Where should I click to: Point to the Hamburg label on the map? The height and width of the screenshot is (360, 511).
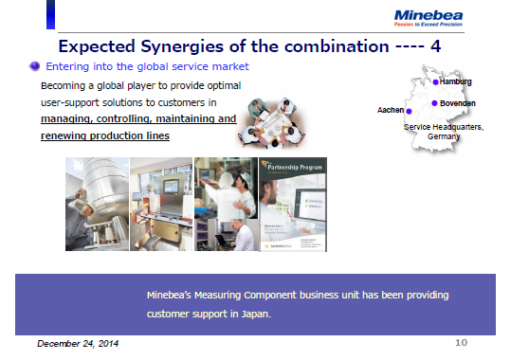456,82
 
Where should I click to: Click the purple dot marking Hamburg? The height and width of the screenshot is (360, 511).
435,83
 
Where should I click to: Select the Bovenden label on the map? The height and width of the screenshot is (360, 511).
458,102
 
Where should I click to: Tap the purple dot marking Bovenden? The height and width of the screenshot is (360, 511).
434,102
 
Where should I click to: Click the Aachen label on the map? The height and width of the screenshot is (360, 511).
390,111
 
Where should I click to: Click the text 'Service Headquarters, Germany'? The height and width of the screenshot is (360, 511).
444,132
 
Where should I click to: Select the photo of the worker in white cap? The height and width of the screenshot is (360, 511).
225,204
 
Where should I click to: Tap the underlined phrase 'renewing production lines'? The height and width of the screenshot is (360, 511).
105,136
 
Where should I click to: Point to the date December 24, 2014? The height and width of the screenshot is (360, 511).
79,343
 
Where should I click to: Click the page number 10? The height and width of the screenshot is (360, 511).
462,341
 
